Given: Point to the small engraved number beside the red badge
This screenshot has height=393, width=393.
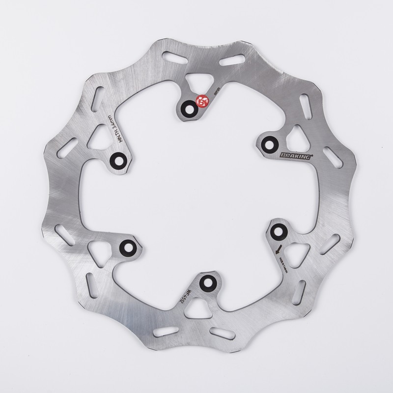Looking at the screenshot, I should point(216,91).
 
